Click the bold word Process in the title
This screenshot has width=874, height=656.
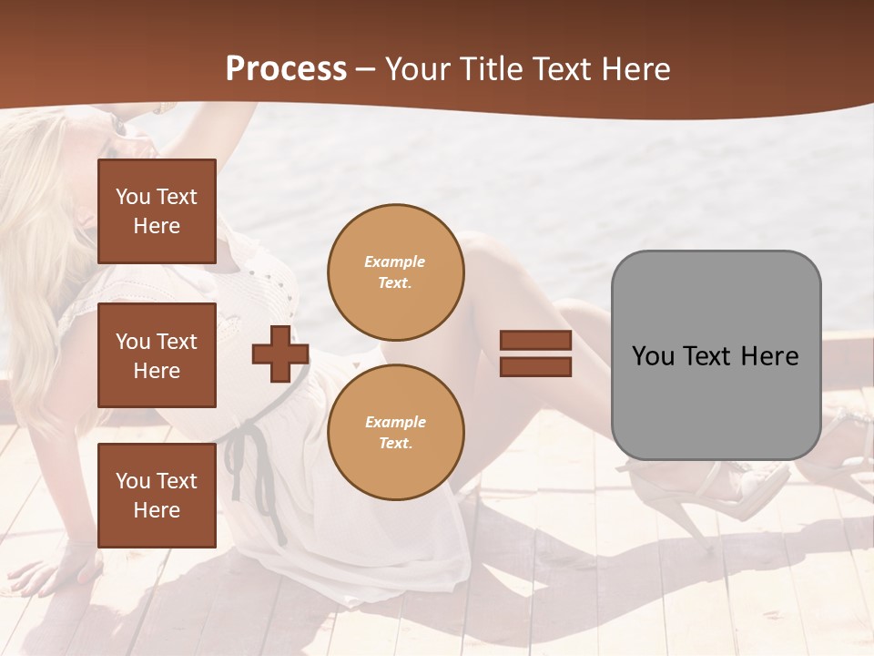[286, 69]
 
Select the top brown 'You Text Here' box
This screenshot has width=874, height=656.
[157, 211]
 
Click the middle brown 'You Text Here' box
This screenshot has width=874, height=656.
[157, 355]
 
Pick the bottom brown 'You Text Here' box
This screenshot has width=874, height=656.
[157, 495]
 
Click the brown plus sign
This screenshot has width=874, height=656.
[280, 354]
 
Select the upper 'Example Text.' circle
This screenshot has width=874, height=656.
[395, 272]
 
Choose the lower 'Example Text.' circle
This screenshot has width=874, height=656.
[395, 432]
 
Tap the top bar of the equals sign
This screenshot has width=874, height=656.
[535, 341]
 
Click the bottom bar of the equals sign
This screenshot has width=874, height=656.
[535, 366]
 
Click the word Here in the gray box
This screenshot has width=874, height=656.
[770, 355]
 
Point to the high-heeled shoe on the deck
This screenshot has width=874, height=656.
[728, 492]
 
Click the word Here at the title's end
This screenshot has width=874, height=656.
[635, 69]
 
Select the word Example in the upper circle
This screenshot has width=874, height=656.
[395, 261]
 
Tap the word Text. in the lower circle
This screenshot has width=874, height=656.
[395, 443]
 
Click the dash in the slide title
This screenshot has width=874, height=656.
[366, 70]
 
